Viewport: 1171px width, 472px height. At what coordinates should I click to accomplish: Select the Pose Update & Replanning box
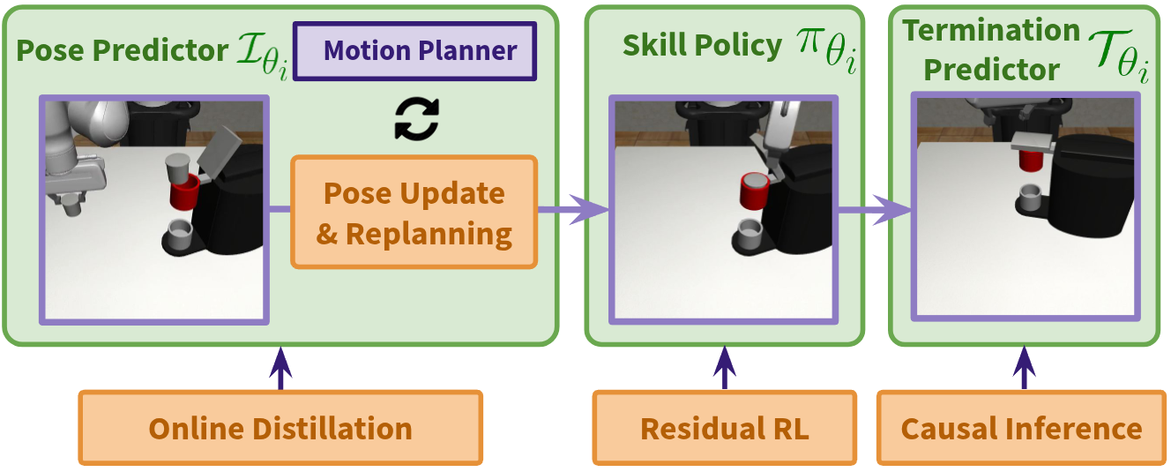click(414, 213)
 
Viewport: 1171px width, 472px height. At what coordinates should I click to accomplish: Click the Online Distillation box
click(280, 428)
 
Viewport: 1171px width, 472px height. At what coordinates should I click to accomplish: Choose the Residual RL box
click(724, 428)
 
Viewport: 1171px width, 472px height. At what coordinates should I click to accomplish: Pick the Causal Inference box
click(1022, 428)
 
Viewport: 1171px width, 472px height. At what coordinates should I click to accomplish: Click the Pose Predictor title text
click(122, 50)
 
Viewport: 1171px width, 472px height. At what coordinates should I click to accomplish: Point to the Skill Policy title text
click(702, 46)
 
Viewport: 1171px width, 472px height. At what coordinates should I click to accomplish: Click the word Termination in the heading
click(991, 32)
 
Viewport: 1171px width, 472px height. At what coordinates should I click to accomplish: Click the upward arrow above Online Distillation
click(280, 368)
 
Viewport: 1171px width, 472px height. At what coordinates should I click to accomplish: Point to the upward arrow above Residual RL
click(724, 368)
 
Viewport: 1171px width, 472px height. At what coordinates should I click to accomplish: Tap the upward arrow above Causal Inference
click(1023, 368)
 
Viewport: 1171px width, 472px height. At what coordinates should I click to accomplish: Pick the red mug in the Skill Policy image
click(756, 191)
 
